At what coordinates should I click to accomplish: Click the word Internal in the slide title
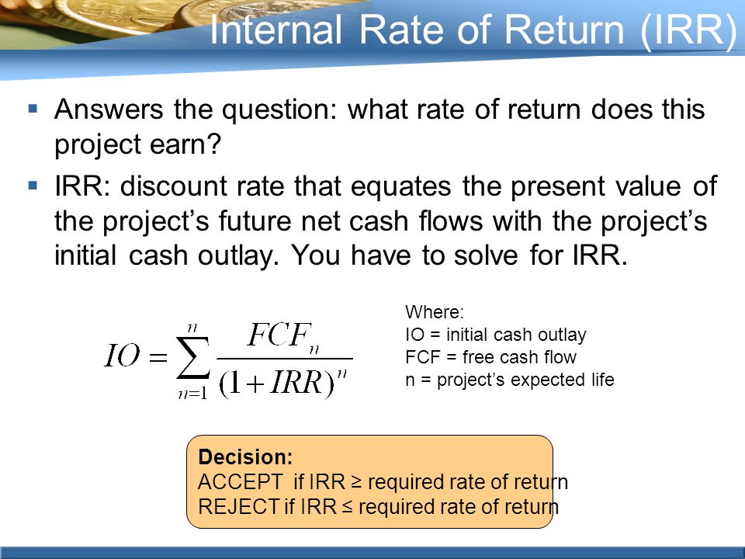coord(275,30)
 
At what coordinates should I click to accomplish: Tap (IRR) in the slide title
coord(689,31)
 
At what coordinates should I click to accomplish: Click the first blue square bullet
coord(33,109)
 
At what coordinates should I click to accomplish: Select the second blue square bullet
coord(33,186)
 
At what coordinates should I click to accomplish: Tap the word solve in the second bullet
coord(486,255)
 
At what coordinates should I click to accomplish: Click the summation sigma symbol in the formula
coord(193,357)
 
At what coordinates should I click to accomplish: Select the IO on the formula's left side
coord(122,356)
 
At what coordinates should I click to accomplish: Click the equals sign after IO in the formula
coord(158,357)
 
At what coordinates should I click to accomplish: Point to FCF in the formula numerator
coord(279,335)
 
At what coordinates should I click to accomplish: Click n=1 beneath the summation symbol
coord(192,394)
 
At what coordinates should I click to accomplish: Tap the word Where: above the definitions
coord(435,312)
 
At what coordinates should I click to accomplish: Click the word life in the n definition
coord(603,380)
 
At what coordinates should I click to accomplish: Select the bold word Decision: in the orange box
coord(245,457)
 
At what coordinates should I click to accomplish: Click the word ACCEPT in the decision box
coord(241,482)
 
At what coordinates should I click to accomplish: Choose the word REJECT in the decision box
coord(238,507)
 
